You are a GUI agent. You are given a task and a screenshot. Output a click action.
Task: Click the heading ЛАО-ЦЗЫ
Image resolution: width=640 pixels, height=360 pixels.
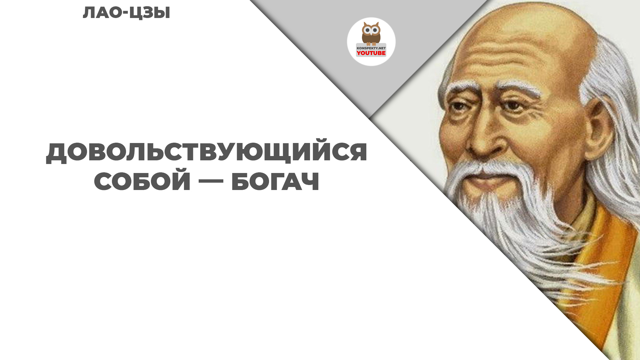pyautogui.click(x=126, y=13)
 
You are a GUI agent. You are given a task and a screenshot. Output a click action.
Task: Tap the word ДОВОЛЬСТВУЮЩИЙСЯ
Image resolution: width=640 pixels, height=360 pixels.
pyautogui.click(x=207, y=152)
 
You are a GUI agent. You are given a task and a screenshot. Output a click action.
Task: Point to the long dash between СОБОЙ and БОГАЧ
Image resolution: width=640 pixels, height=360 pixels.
pyautogui.click(x=211, y=182)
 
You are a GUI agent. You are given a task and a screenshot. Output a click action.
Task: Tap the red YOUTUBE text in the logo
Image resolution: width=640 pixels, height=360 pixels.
pyautogui.click(x=371, y=53)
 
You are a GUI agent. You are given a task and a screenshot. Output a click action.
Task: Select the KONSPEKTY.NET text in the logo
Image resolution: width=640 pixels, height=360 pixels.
pyautogui.click(x=371, y=48)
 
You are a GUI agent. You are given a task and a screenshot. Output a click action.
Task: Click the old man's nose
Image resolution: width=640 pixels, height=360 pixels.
pyautogui.click(x=484, y=137)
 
